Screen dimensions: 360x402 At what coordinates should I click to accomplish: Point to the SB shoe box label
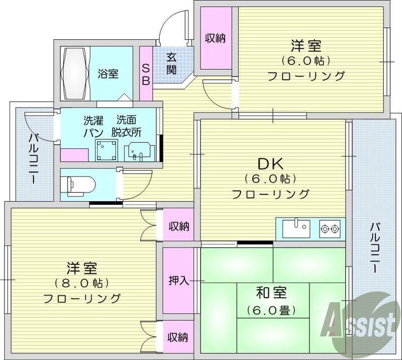tap(146, 74)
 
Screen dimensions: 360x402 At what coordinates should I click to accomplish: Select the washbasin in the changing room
tap(138, 150)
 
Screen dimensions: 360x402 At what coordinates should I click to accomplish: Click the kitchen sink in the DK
tap(296, 229)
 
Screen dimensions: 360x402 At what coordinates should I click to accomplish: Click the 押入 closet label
tap(178, 281)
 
